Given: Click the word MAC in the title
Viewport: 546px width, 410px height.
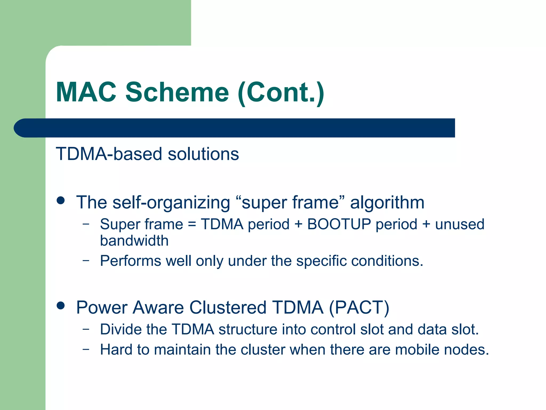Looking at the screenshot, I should (86, 92).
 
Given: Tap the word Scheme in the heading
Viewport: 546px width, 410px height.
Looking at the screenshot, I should (177, 92).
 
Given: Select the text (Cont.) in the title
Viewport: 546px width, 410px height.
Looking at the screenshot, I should (281, 93).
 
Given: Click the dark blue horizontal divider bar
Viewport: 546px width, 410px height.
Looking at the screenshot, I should (235, 128).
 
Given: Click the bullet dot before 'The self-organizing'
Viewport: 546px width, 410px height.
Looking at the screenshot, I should (61, 201).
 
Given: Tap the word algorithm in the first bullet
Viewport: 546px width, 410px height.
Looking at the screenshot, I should (387, 202).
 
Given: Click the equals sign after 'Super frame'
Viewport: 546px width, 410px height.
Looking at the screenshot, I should (192, 224).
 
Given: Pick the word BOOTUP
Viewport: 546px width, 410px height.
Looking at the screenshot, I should (339, 224).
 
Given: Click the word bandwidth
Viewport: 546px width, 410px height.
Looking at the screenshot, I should (134, 241).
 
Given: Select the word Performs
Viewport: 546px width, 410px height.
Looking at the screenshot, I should (130, 261).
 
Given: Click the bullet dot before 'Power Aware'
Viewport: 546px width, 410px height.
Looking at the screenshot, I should (61, 306).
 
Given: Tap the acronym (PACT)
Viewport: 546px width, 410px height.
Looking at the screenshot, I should (359, 307).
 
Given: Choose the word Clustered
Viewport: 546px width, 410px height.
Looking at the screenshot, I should (228, 307).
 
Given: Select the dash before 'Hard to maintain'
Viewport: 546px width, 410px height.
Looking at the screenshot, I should (86, 349).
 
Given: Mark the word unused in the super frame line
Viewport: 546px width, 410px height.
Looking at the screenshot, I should (460, 224).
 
